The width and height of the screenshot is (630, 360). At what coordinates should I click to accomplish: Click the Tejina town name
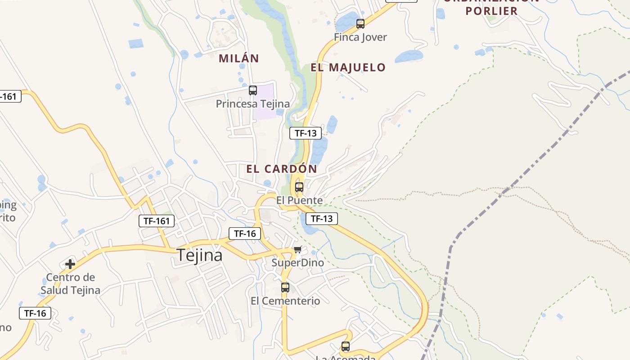tap(199, 255)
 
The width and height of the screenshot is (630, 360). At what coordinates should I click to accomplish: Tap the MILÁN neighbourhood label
tap(239, 58)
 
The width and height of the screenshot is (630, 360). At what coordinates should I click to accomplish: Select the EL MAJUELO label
tap(348, 67)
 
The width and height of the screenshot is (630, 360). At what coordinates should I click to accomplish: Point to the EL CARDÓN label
tap(282, 169)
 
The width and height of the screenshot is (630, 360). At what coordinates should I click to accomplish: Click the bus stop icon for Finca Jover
tap(360, 24)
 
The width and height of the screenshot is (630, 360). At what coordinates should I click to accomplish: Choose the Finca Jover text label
tap(360, 37)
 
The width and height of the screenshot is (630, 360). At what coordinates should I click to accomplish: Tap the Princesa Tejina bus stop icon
tap(253, 90)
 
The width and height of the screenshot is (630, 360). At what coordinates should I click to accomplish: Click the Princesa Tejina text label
tap(253, 104)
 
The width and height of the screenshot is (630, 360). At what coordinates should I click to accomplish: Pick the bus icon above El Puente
tap(299, 187)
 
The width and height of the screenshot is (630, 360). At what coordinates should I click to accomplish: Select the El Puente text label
tap(299, 200)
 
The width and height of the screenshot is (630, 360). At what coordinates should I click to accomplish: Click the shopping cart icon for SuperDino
tap(297, 250)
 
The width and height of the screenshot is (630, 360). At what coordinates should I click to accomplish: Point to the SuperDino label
tap(297, 263)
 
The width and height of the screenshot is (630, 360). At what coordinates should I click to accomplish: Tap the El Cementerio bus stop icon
tap(285, 288)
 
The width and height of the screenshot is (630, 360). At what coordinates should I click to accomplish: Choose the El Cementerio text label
tap(285, 301)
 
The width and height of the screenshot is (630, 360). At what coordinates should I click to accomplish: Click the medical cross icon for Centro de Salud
tap(70, 264)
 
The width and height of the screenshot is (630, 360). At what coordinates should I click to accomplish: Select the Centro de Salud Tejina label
tap(70, 283)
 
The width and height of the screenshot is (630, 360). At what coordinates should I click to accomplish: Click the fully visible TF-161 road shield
tap(156, 221)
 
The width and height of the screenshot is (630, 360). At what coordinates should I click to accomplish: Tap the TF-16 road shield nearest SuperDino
tap(245, 234)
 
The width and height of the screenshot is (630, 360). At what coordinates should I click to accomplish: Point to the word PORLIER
tap(491, 11)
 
